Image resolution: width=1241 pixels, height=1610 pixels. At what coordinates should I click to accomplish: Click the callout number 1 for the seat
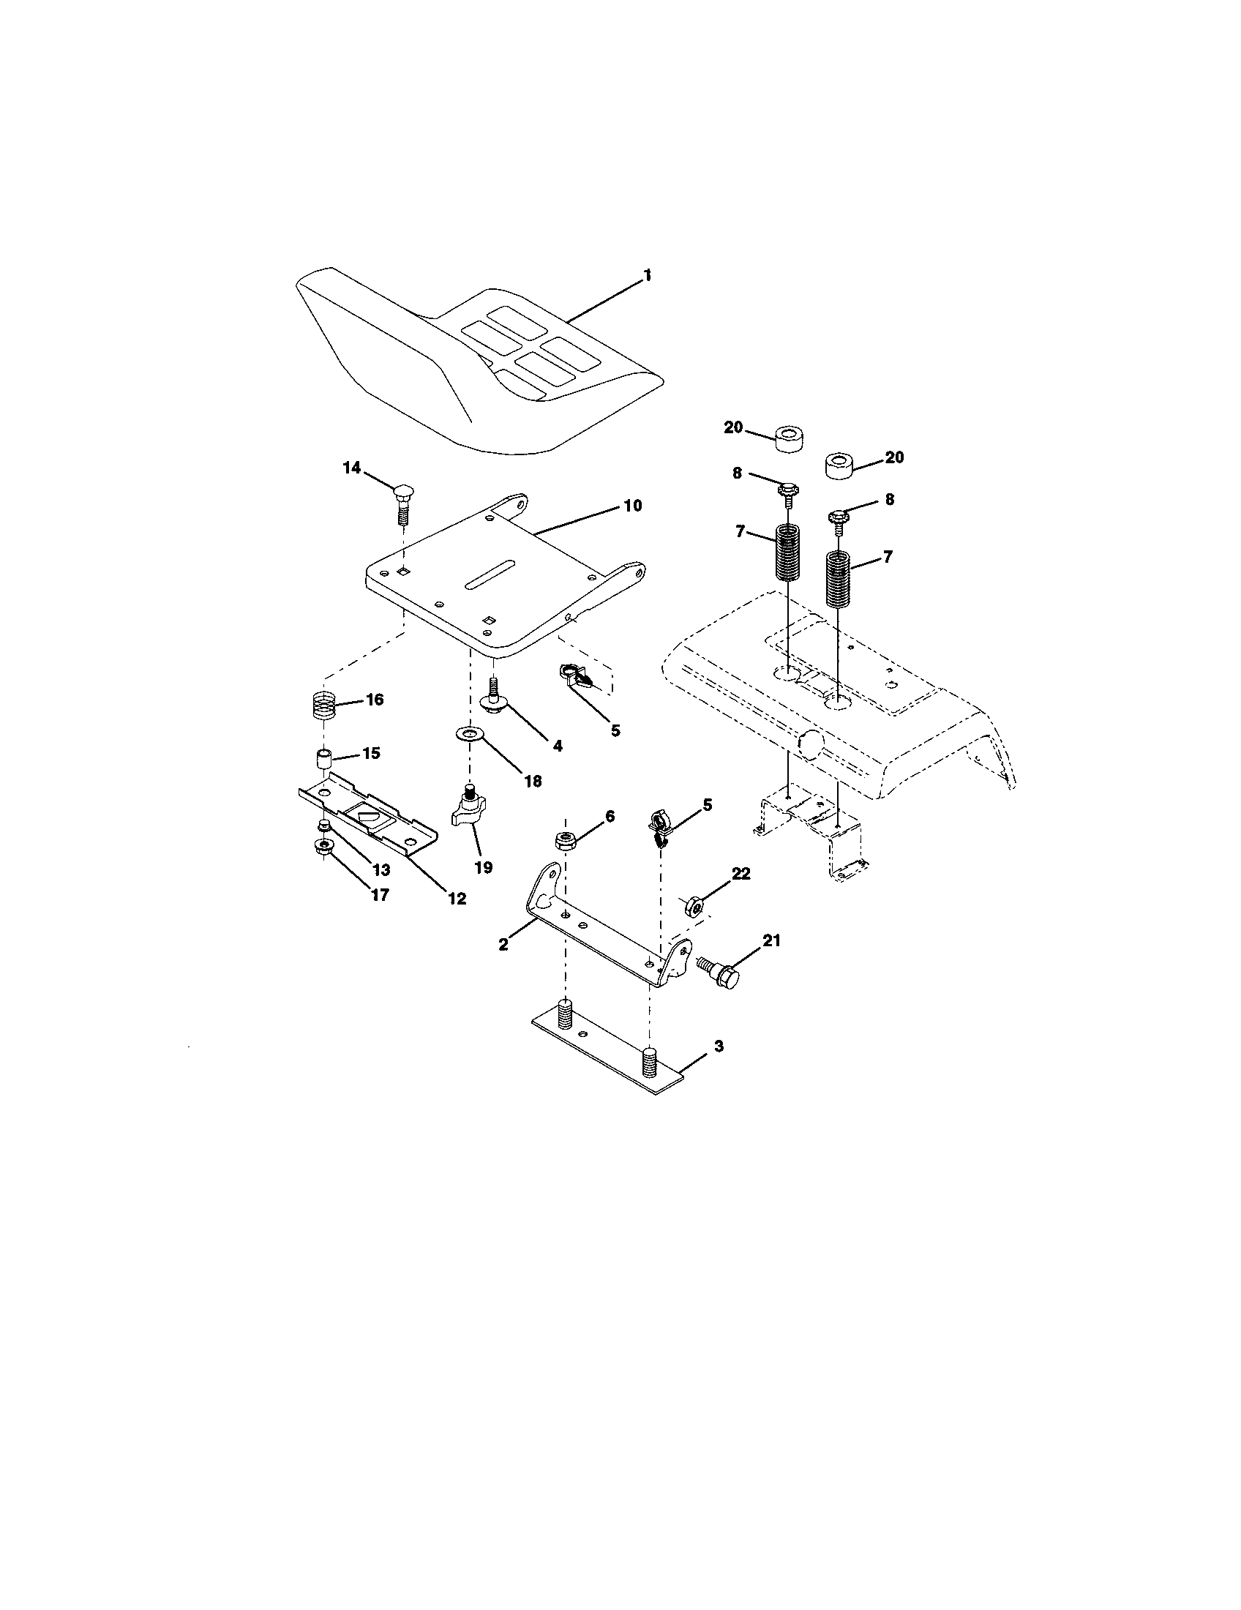(x=647, y=275)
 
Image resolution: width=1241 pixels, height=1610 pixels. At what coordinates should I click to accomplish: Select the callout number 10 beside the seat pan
(x=632, y=506)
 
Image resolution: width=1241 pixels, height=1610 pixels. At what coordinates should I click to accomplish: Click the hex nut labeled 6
(x=564, y=839)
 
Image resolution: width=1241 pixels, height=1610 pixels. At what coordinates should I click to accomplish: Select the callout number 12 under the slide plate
(x=457, y=899)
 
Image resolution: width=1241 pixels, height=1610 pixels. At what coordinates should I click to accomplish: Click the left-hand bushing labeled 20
(x=788, y=441)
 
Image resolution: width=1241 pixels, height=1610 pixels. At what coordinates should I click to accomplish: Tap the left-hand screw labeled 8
(x=787, y=492)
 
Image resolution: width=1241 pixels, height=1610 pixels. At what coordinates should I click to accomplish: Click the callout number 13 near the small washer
(x=380, y=870)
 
